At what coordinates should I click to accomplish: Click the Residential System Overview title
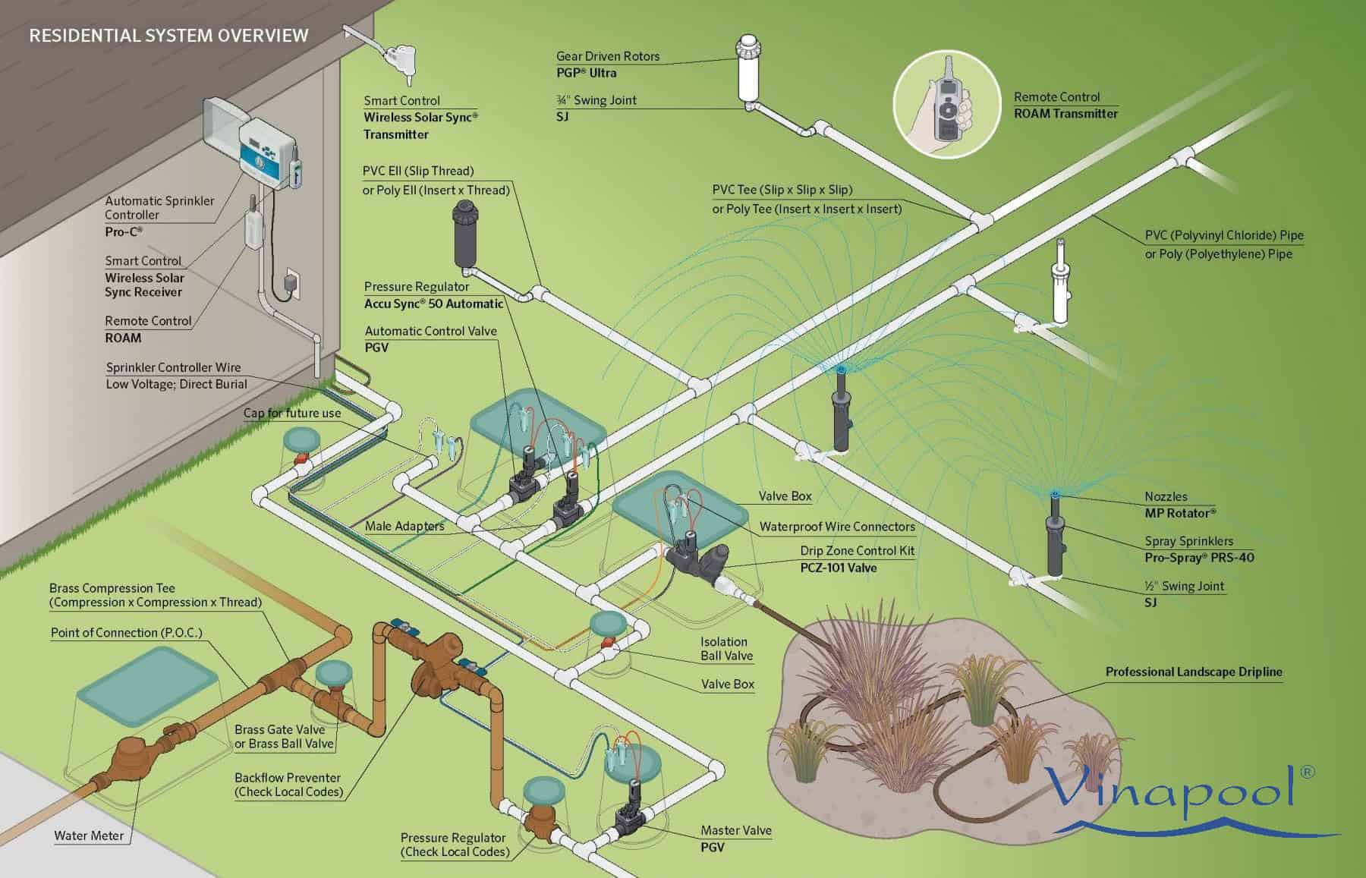tap(168, 35)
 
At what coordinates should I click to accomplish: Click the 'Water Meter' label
tap(89, 836)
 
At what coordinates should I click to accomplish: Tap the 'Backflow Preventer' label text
tap(288, 778)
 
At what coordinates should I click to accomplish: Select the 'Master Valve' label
tap(735, 830)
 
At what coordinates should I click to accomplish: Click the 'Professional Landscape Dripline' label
tap(1194, 672)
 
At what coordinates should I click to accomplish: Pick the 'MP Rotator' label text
tap(1180, 513)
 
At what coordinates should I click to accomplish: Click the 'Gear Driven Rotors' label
tap(608, 56)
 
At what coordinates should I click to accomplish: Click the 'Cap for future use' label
tap(292, 413)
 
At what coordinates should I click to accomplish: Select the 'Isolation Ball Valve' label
tap(726, 649)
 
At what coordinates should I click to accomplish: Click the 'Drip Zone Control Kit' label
tap(858, 551)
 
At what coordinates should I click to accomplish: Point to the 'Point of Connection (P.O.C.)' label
tap(127, 632)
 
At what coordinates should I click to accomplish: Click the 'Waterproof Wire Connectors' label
tap(837, 527)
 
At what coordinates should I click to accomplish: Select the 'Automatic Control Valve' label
tap(431, 331)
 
